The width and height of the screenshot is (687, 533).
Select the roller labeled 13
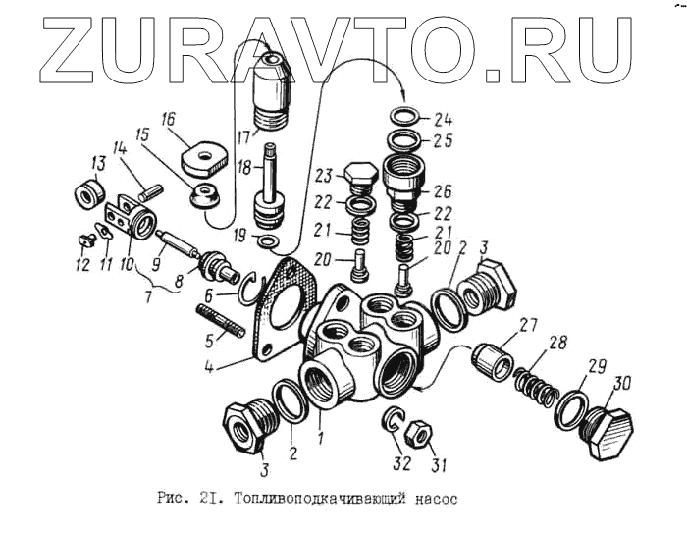click(89, 191)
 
